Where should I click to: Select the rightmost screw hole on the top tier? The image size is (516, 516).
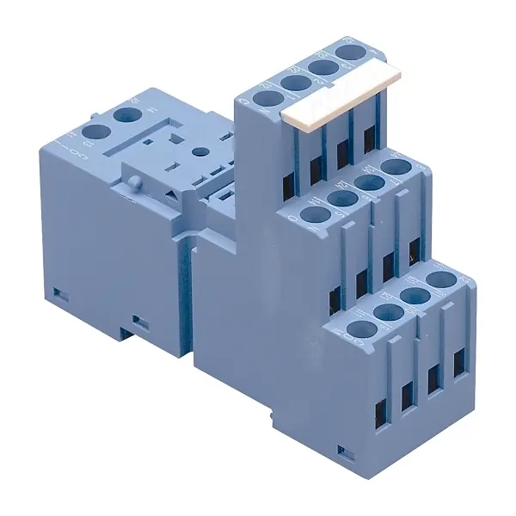pos(349,52)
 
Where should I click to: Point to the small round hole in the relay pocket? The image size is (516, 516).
pos(200,151)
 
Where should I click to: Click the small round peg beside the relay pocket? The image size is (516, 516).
pos(136,181)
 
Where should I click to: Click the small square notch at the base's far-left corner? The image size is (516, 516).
pos(58,292)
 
